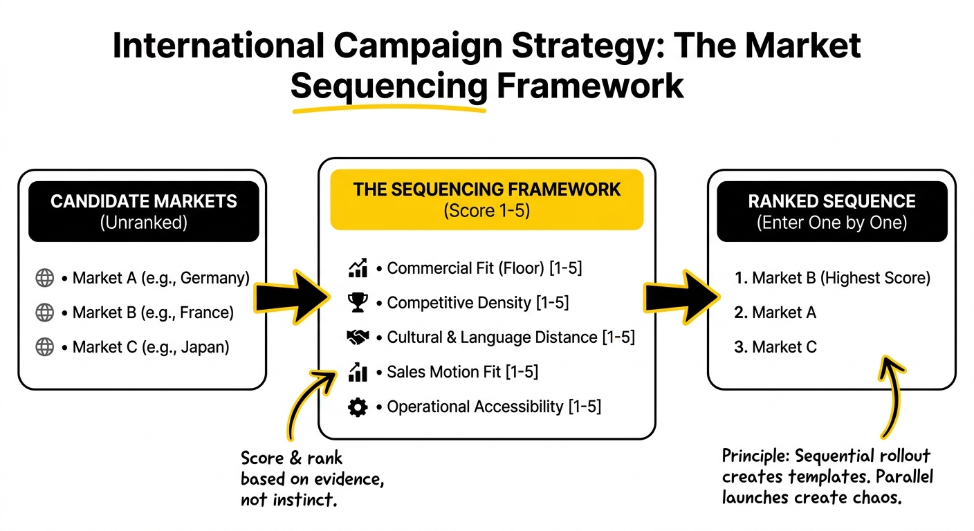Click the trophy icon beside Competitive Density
coord(357,303)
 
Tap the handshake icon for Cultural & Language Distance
coord(357,337)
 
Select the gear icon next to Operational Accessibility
coord(357,407)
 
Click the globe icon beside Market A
coord(45,278)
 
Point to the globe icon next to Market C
coord(45,347)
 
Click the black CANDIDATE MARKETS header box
coord(143,211)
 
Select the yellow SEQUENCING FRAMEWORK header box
coord(486,199)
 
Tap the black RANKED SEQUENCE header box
coord(831,211)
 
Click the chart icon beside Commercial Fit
coord(357,268)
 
